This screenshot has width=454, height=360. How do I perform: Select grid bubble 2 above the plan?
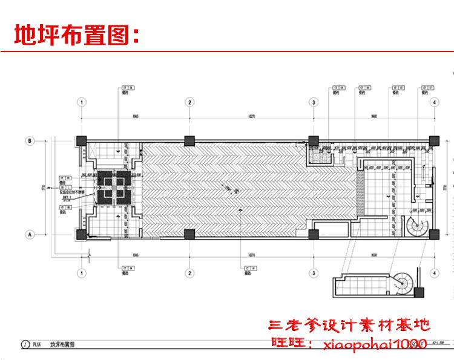pyautogui.click(x=189, y=103)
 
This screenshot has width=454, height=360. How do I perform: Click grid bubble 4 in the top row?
pyautogui.click(x=434, y=103)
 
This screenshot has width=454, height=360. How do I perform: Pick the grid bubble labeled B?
pyautogui.click(x=28, y=140)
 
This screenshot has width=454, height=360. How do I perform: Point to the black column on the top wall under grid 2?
pyautogui.click(x=189, y=140)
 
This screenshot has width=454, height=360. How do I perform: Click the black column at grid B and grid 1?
pyautogui.click(x=81, y=140)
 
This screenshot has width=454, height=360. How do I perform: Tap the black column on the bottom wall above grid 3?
pyautogui.click(x=314, y=234)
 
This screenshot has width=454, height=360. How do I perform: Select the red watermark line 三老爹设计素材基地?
pyautogui.click(x=349, y=326)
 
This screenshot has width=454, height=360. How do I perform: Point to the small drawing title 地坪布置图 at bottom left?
pyautogui.click(x=62, y=344)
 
